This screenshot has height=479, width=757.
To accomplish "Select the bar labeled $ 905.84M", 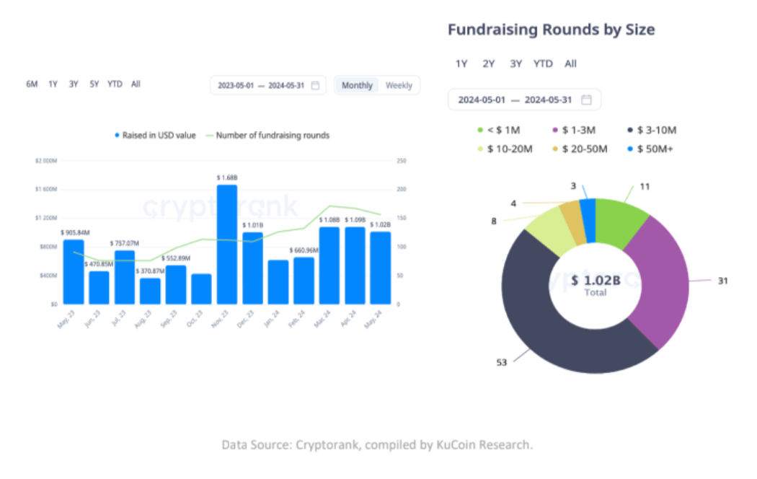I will [x=73, y=271].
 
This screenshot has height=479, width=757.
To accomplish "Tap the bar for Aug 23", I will [x=150, y=291].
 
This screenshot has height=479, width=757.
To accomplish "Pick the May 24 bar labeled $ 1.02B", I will [x=380, y=268].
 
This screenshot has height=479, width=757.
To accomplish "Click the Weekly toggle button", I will [x=399, y=85].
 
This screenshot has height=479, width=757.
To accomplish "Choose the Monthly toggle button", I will [x=357, y=85].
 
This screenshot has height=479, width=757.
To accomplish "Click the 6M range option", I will [x=32, y=84].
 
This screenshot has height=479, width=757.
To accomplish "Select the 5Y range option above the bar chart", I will [x=94, y=84].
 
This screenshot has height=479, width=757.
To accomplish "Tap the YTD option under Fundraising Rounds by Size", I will [x=543, y=63].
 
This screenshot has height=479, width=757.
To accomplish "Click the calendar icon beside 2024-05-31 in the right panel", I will [x=586, y=100].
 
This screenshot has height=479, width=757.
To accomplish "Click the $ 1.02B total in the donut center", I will [x=595, y=280].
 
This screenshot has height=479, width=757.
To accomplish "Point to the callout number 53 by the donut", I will [x=501, y=362].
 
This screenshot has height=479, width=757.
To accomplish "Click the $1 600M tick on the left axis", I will [x=45, y=189].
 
